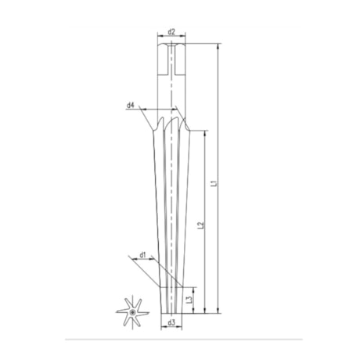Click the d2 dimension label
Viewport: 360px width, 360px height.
pyautogui.click(x=170, y=33)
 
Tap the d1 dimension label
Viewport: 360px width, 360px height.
pyautogui.click(x=142, y=254)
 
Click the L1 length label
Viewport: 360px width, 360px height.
pyautogui.click(x=213, y=185)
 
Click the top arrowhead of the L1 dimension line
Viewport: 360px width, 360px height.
pyautogui.click(x=218, y=48)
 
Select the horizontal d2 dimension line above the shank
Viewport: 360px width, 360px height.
pyautogui.click(x=170, y=39)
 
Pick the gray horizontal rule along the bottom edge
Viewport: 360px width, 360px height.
pyautogui.click(x=180, y=339)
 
